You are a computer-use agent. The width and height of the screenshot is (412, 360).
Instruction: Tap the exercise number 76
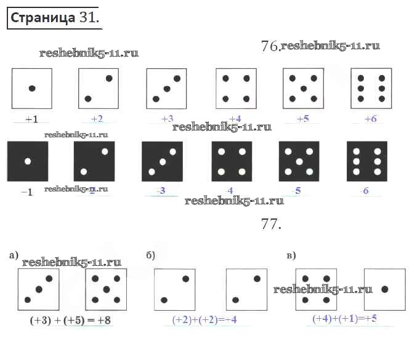click(270, 47)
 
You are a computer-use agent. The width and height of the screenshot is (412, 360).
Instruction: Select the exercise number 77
click(271, 225)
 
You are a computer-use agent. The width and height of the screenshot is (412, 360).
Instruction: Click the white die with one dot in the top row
click(31, 89)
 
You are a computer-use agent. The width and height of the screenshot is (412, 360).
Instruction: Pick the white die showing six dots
click(371, 89)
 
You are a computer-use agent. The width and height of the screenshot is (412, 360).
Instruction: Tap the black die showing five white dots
click(299, 162)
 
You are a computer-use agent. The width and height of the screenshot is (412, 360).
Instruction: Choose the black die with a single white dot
click(27, 162)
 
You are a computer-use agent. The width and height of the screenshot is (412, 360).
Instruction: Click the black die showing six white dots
click(366, 162)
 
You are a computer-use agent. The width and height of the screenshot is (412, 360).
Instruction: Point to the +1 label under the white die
click(31, 119)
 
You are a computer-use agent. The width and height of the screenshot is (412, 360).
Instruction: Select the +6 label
click(370, 119)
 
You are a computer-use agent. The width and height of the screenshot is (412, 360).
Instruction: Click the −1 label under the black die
click(26, 192)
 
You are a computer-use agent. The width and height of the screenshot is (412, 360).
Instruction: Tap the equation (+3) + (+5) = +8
click(70, 321)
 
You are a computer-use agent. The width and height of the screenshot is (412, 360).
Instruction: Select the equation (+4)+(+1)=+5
click(344, 319)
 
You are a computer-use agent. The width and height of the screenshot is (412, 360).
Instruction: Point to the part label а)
click(14, 255)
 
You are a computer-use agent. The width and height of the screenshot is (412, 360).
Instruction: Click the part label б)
click(150, 255)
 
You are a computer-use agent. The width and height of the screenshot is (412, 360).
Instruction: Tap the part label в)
click(291, 255)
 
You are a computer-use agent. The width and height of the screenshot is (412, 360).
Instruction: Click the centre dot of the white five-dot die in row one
click(303, 89)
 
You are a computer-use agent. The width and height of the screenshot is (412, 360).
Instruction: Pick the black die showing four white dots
click(231, 162)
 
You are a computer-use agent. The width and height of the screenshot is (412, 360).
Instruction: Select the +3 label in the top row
click(167, 119)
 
